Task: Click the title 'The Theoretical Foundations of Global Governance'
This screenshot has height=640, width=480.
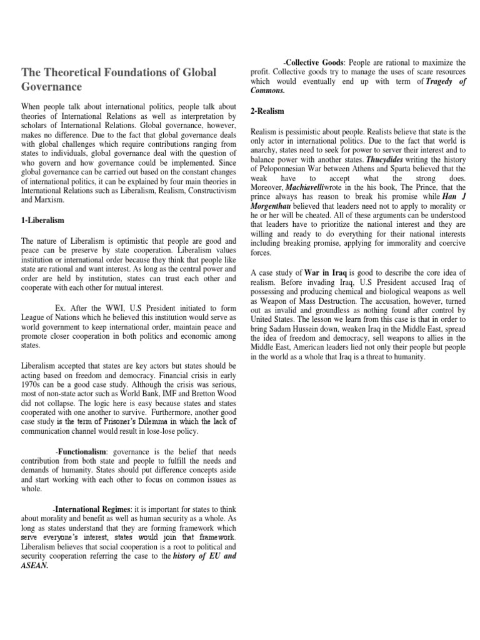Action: [119, 79]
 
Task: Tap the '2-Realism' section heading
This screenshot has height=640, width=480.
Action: [267, 111]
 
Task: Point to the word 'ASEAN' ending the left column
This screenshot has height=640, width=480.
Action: [37, 567]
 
